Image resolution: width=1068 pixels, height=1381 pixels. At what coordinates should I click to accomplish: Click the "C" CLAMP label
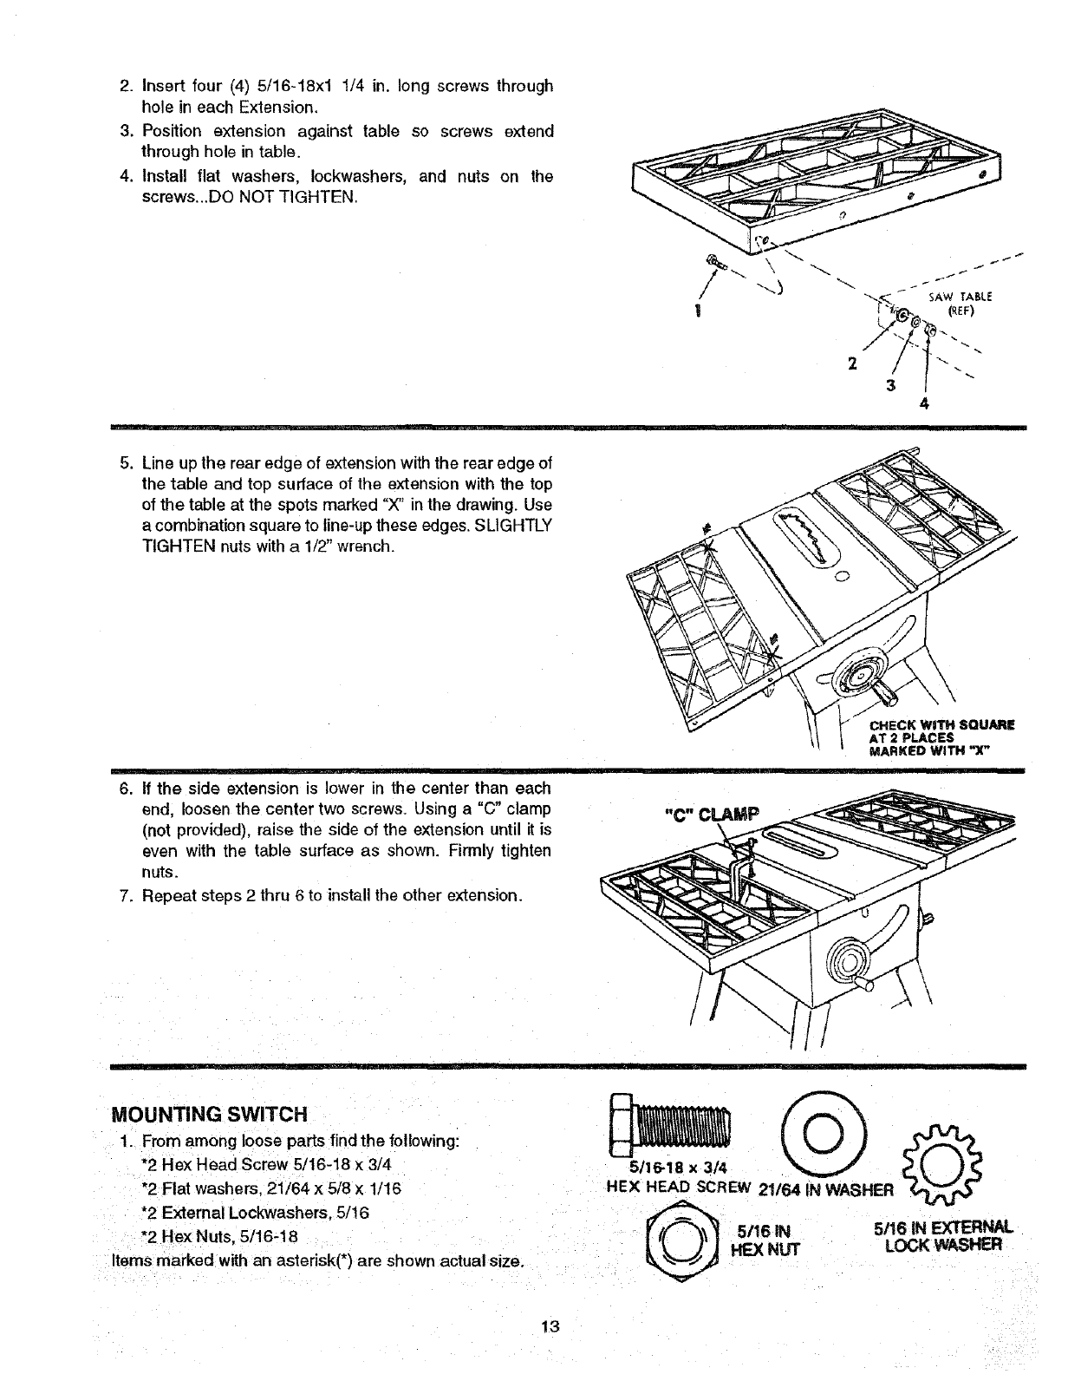point(710,815)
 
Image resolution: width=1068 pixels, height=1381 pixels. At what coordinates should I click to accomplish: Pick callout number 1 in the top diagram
point(698,311)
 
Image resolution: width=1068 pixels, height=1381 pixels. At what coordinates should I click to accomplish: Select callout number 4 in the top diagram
point(927,403)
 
